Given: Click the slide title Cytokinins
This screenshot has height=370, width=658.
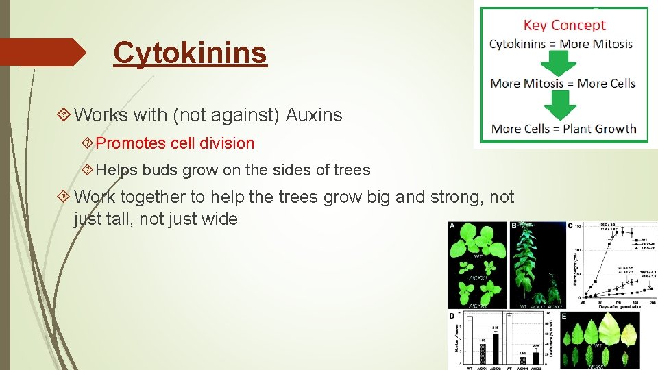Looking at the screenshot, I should point(190,52).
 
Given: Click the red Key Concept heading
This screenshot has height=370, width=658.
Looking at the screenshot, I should point(564,25).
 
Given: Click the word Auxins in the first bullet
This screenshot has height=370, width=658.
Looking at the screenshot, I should point(313,115).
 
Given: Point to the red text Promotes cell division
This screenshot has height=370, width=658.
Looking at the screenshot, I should point(175,143).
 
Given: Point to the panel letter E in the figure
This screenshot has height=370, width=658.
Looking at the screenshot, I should point(564,317).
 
